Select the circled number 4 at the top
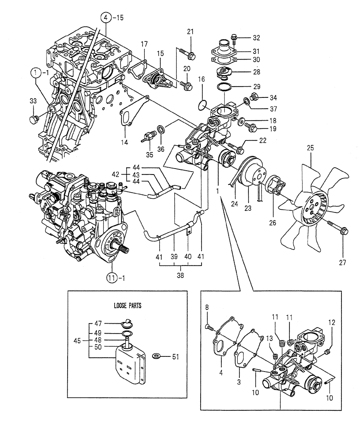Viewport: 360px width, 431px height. (x=106, y=18)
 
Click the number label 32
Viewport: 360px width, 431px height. (x=256, y=37)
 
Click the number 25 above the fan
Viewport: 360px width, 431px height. (x=310, y=148)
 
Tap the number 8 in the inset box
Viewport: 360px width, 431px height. (x=207, y=308)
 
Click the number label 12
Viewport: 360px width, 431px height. (x=331, y=322)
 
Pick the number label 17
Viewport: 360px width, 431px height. (x=144, y=44)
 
